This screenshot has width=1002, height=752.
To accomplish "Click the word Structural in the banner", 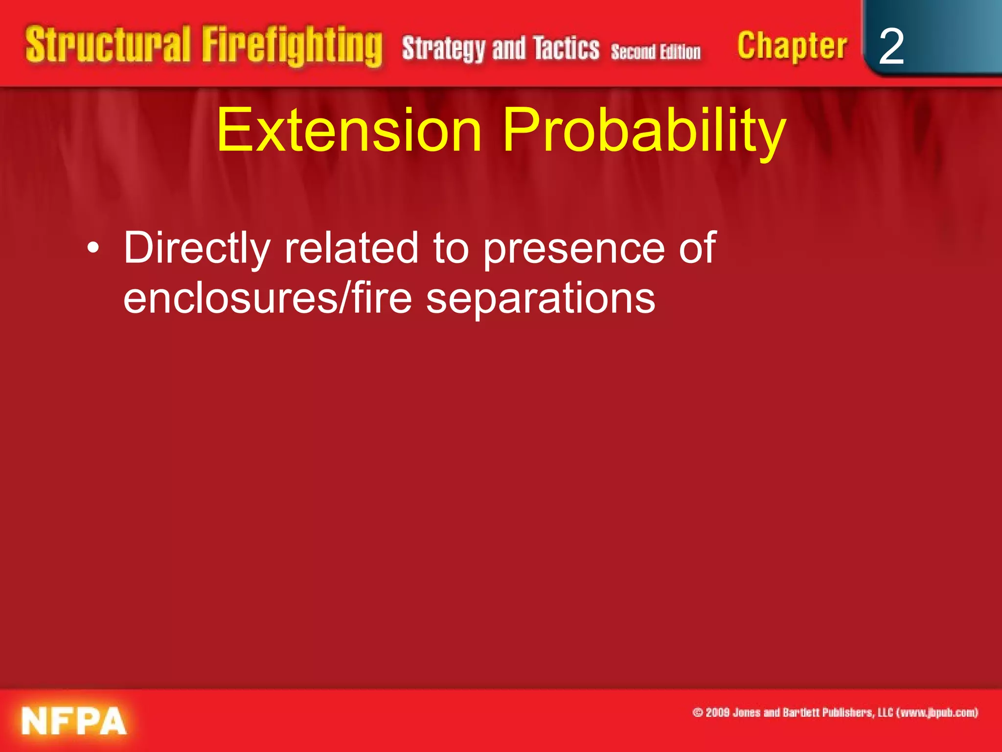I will point(108,45).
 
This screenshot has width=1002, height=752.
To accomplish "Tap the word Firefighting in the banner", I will point(292,46).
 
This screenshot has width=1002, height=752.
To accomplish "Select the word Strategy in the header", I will point(443,49).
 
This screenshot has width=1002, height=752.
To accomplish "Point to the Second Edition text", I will point(656,52).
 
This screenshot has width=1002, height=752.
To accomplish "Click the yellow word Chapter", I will point(792,46).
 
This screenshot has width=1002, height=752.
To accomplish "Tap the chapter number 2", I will point(891,47).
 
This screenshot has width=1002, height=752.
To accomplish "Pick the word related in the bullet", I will point(352,248).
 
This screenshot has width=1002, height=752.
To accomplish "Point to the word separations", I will point(541,299).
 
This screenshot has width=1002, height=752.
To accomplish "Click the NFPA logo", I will point(74,721).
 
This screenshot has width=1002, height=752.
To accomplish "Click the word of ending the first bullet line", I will point(697,248).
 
